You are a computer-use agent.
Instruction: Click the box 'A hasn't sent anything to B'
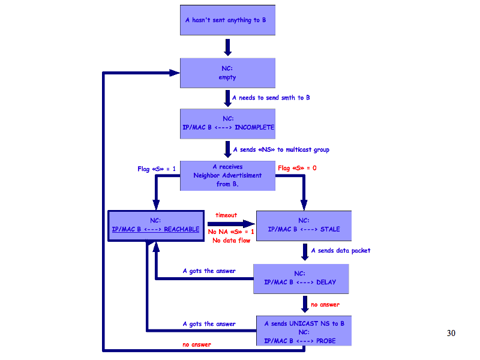click(x=227, y=20)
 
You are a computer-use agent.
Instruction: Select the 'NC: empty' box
click(x=227, y=73)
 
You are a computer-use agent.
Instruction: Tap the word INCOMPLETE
click(x=254, y=127)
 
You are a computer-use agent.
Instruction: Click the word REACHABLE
click(x=182, y=229)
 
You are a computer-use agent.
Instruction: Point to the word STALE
click(x=330, y=229)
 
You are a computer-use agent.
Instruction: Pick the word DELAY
click(x=326, y=283)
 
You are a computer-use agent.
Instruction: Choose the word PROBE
click(x=325, y=341)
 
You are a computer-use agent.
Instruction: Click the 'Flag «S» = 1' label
click(x=157, y=169)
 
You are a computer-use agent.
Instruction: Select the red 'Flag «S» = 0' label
click(x=297, y=168)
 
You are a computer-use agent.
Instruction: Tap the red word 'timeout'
click(x=226, y=215)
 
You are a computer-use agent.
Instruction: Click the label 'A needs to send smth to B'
click(x=271, y=98)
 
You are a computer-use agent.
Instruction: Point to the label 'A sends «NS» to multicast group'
click(x=281, y=150)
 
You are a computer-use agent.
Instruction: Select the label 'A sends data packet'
click(x=340, y=251)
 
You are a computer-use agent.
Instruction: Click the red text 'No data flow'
click(x=231, y=241)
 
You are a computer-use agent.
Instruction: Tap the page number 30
click(x=451, y=333)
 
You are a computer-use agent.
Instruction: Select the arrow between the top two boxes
click(x=227, y=47)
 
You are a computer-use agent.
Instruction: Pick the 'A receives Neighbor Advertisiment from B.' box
click(x=227, y=175)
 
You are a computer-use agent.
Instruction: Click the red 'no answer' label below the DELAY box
click(x=325, y=305)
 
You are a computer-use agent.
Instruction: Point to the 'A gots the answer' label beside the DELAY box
click(x=209, y=271)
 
